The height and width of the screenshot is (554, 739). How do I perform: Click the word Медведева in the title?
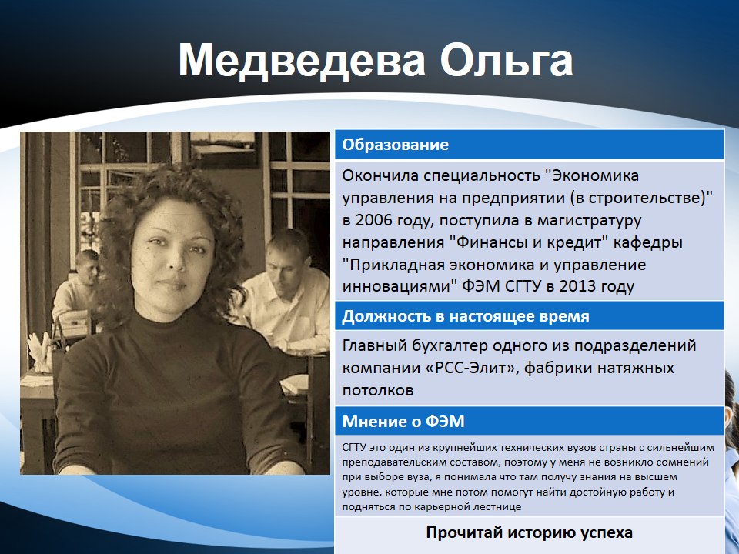coord(301,60)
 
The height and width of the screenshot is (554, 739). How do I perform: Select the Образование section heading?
coord(396,145)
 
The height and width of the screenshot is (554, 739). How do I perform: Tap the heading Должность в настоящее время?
coord(466,316)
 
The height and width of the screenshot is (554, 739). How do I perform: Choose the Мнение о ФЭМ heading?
coord(403,422)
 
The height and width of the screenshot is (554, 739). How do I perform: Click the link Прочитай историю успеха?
coord(529,532)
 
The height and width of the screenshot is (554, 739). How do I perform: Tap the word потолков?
coord(378,390)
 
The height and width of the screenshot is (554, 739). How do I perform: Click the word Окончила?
coord(380,175)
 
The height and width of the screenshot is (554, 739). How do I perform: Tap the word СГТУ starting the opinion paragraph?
coord(356,448)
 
